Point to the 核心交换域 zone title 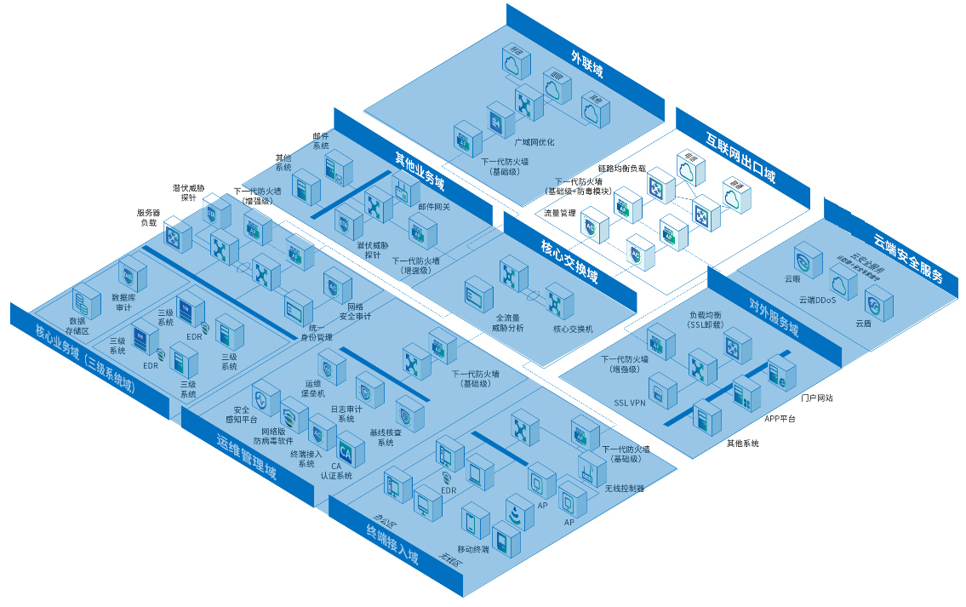(569, 263)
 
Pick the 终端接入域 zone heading (392, 546)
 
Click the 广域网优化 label (534, 142)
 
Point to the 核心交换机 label (573, 329)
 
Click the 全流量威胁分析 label (508, 323)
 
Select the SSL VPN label (631, 402)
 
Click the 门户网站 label (817, 398)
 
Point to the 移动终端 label (473, 549)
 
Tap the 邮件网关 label (434, 206)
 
